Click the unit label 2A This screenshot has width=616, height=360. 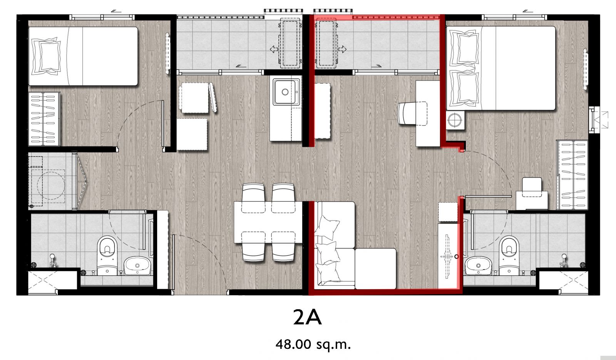point(307,317)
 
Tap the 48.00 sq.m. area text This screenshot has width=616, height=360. point(313,344)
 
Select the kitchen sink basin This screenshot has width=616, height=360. point(286,92)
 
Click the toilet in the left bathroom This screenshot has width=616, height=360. point(107,256)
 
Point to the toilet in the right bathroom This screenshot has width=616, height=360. point(509,256)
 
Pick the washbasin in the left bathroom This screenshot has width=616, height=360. point(137,265)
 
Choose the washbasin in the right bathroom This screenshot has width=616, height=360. point(478,265)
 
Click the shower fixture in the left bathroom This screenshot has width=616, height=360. point(53,260)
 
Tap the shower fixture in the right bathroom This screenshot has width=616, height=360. point(564,260)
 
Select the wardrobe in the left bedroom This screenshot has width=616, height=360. point(44,119)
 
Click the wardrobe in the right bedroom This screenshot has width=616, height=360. point(572,175)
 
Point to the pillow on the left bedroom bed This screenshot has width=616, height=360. point(46,56)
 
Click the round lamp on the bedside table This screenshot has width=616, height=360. point(455,120)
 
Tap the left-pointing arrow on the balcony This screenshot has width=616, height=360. point(274,50)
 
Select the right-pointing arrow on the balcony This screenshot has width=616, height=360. point(342,50)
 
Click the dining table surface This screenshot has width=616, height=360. point(268,222)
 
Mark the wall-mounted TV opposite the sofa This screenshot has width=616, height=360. point(447,257)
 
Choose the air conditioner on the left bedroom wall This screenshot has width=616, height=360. point(167,53)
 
